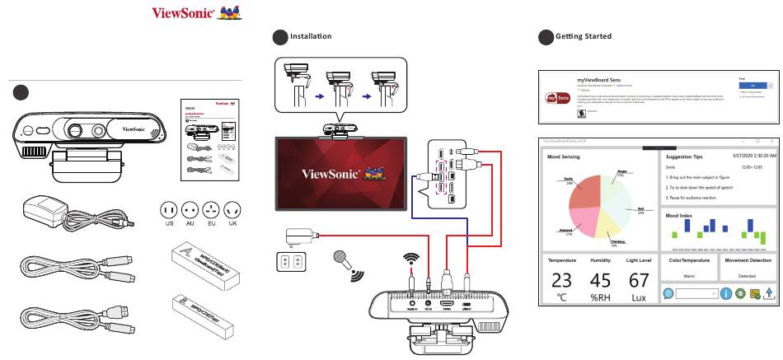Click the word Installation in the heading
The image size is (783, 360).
pos(311,36)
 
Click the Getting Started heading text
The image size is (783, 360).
pos(584,36)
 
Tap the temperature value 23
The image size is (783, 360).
pos(561,280)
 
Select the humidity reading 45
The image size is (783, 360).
pos(600,280)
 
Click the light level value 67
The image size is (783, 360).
pos(639,280)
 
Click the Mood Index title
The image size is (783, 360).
pos(682,214)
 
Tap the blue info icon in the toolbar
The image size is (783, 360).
pos(726,293)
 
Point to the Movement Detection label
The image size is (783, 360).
pos(747,259)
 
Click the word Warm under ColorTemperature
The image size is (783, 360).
pos(689,276)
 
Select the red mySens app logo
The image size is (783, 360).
pos(558,98)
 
